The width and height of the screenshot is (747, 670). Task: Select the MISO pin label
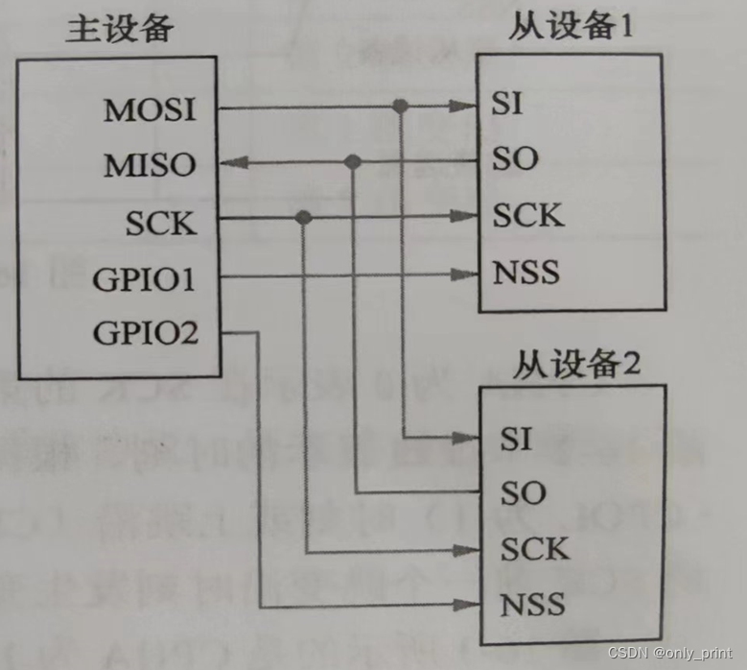click(x=150, y=165)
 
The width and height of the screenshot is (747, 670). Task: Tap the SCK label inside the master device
click(x=160, y=223)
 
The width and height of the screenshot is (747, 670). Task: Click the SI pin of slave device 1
click(x=507, y=104)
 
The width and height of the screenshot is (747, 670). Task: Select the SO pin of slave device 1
click(x=516, y=158)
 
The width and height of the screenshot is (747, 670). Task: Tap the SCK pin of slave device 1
click(x=528, y=215)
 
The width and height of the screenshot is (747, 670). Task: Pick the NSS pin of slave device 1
click(x=526, y=273)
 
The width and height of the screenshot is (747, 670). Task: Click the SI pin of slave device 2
click(x=515, y=439)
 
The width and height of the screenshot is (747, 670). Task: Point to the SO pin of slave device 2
click(x=523, y=493)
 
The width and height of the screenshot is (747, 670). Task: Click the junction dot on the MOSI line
click(x=402, y=105)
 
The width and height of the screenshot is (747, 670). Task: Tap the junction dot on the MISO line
click(x=353, y=161)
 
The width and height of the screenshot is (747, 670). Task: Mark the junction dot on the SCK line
click(x=304, y=218)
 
